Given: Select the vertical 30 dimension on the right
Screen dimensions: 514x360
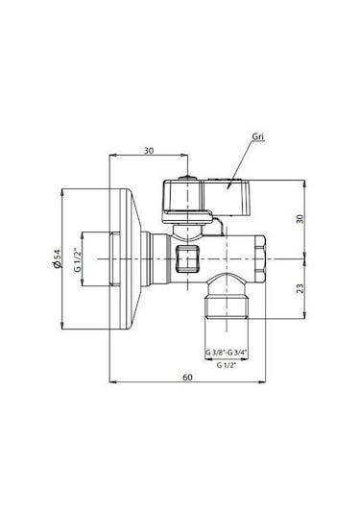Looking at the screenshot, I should click(301, 219).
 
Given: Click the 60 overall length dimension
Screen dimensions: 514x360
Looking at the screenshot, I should click(187, 377).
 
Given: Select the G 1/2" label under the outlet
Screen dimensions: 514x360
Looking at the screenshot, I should click(227, 366).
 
